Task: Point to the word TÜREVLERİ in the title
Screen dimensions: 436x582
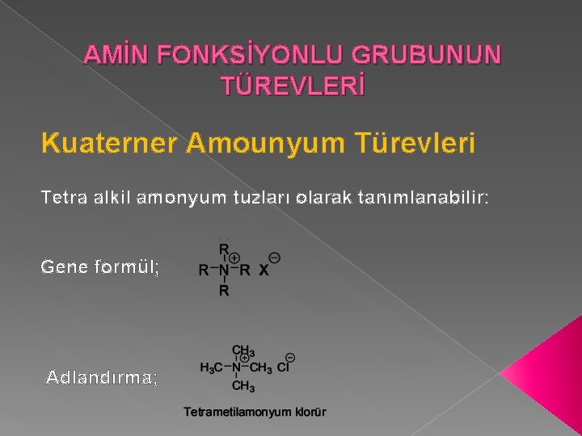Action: (x=293, y=84)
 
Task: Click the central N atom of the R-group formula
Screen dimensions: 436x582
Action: (x=224, y=270)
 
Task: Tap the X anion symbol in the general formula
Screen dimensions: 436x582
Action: (x=263, y=270)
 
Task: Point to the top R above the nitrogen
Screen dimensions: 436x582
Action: (x=224, y=249)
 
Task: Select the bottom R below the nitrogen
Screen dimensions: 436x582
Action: (x=224, y=290)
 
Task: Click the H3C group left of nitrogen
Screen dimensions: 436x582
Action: (x=211, y=368)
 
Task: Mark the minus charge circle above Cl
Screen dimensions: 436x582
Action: (x=289, y=356)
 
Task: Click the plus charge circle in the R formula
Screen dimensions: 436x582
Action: (x=234, y=258)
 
